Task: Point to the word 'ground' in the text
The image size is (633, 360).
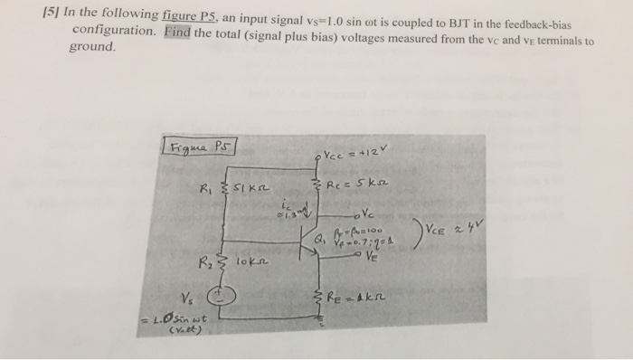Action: click(x=92, y=45)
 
